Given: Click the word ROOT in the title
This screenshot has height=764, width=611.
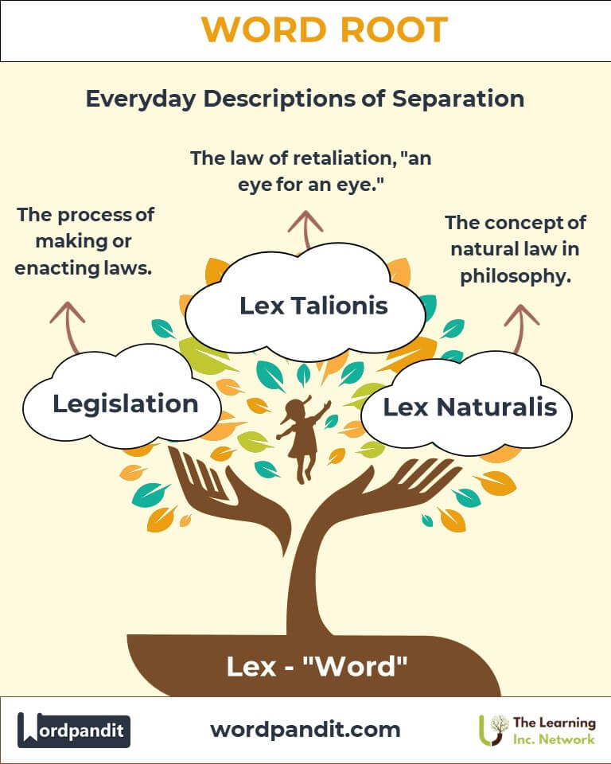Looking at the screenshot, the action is [x=394, y=29].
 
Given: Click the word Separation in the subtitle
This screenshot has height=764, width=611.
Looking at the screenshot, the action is [x=458, y=99].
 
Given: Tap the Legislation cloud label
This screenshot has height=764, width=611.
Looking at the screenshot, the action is [x=125, y=404].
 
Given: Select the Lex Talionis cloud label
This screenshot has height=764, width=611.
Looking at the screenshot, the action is [x=313, y=306].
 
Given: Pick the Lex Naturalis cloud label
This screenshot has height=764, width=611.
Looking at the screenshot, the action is [x=469, y=407].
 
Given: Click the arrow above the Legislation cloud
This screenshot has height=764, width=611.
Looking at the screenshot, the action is [x=69, y=325].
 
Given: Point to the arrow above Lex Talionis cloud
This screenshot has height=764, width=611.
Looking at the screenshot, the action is [x=305, y=229].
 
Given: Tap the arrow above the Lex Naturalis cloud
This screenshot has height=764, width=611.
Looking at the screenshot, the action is [x=520, y=327].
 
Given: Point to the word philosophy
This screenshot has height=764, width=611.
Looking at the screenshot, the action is [x=516, y=276].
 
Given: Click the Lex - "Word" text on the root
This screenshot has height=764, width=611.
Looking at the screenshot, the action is [x=317, y=666].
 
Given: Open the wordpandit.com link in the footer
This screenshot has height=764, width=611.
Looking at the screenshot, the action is [x=305, y=730].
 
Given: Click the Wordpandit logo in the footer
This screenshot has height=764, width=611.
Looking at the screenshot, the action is [x=74, y=730].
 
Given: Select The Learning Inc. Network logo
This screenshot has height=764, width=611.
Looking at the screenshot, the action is [x=537, y=731].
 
